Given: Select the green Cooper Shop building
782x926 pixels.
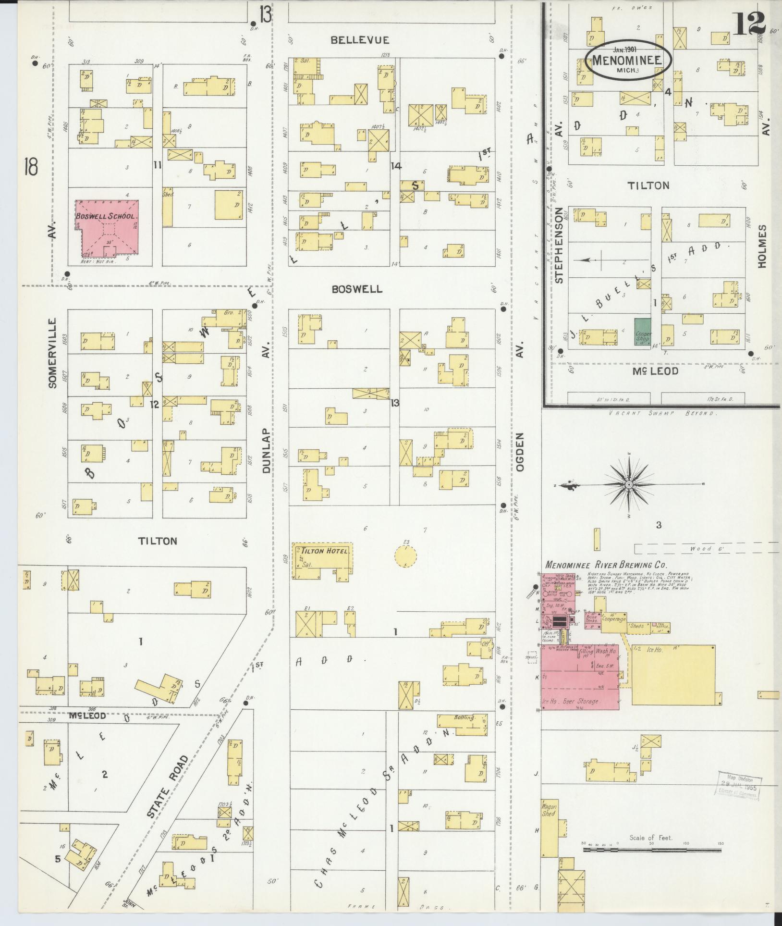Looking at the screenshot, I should click(x=643, y=331).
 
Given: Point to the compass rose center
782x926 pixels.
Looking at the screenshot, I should click(x=629, y=485).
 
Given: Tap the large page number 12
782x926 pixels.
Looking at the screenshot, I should click(x=749, y=23).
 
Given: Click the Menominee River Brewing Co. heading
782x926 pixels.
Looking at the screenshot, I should click(x=606, y=565).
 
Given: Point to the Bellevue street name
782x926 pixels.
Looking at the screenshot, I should click(x=360, y=40).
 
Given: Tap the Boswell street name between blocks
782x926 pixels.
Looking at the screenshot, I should click(x=357, y=289).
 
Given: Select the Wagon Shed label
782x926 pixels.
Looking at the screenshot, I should click(x=549, y=810).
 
